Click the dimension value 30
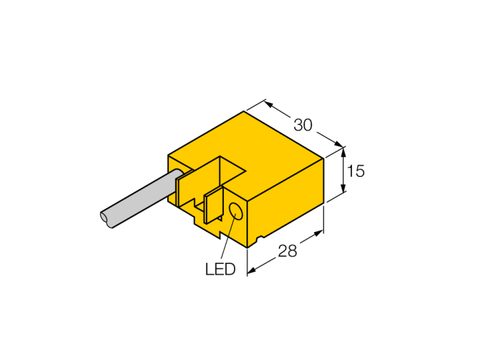pyautogui.click(x=303, y=125)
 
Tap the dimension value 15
pyautogui.click(x=356, y=171)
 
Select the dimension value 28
pyautogui.click(x=287, y=251)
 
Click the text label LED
pyautogui.click(x=220, y=269)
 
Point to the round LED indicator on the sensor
pyautogui.click(x=236, y=211)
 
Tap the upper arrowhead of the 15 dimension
pyautogui.click(x=344, y=151)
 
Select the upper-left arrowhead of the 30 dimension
pyautogui.click(x=269, y=105)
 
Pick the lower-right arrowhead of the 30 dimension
pyautogui.click(x=338, y=144)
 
